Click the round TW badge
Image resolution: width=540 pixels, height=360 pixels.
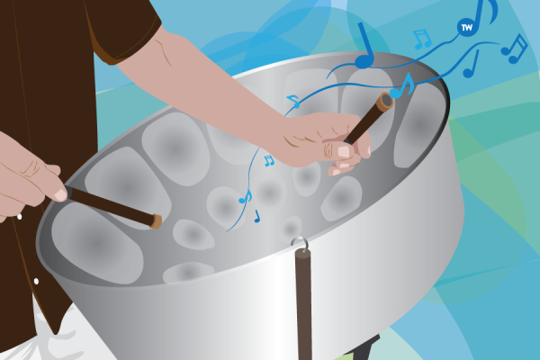467,27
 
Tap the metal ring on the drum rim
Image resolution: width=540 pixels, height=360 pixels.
299,242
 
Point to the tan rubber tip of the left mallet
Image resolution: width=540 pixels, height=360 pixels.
156,221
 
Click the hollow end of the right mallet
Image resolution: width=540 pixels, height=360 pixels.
385,102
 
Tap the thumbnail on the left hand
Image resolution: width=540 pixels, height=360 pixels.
60,194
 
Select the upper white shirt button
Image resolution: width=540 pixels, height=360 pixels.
19,217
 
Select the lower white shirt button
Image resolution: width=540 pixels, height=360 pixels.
36,282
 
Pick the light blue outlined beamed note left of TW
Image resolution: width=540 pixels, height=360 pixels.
422,39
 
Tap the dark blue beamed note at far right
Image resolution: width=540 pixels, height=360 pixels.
514,49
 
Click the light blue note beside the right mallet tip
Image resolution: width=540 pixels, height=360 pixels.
402,85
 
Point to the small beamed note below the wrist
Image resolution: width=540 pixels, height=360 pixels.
268,161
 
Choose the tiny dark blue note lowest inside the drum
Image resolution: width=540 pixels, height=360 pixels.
256,217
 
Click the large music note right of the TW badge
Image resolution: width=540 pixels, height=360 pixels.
485,13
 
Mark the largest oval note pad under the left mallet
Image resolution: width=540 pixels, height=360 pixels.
97,242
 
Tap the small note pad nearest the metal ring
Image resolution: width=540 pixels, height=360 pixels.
291,228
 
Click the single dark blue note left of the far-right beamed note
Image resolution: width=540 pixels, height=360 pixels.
471,65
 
